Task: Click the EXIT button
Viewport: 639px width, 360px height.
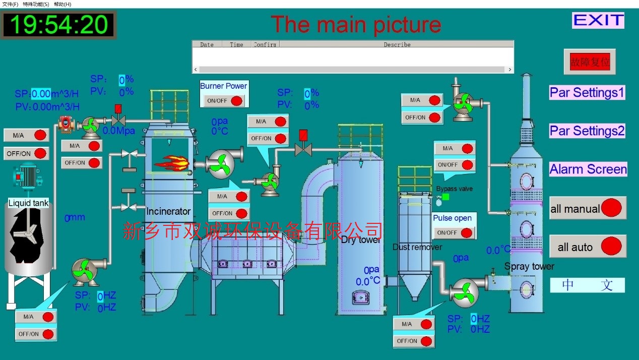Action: coord(598,20)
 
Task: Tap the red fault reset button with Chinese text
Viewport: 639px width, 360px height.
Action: coord(590,62)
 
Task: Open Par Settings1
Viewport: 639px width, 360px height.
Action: coord(587,93)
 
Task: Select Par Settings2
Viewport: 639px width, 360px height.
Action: coord(587,131)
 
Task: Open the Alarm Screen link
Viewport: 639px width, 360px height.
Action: coord(588,169)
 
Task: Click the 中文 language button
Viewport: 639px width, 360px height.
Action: coord(587,285)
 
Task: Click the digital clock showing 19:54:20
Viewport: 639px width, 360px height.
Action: coord(59,25)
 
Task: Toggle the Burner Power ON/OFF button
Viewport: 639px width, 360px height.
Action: coord(224,100)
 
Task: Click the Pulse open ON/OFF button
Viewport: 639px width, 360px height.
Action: coord(454,232)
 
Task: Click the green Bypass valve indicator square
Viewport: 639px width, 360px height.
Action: coord(445,197)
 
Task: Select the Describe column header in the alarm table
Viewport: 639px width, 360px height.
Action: coord(397,44)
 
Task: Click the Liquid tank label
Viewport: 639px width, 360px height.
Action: coord(29,203)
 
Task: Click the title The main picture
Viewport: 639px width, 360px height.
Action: coord(356,24)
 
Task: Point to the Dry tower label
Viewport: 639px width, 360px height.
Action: coord(361,240)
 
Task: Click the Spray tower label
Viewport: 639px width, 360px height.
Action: coord(529,266)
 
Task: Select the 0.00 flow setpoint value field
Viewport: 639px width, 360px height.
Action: coord(41,93)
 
